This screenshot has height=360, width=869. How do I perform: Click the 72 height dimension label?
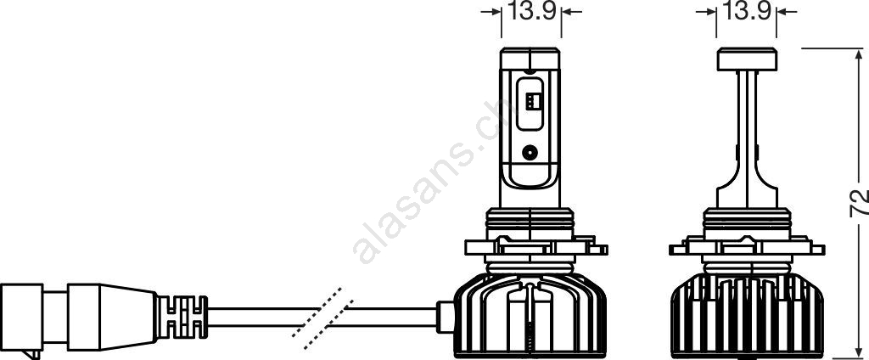click(x=859, y=203)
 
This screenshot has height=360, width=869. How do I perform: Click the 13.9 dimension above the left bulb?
click(x=532, y=11)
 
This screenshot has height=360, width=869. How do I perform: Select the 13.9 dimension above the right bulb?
click(x=747, y=11)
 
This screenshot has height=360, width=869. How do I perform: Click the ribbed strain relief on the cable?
click(x=182, y=317)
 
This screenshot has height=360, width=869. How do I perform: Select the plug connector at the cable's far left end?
click(x=21, y=317)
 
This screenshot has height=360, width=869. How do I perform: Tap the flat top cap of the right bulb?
click(x=747, y=59)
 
